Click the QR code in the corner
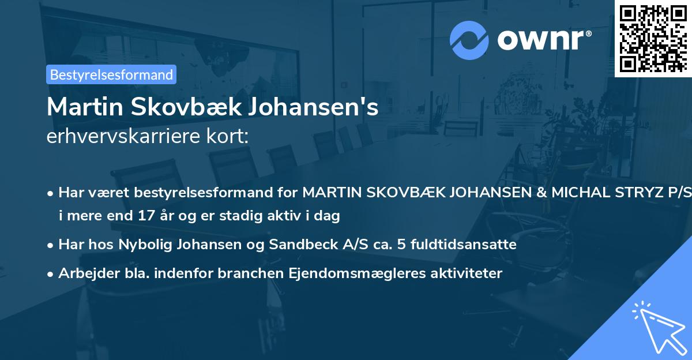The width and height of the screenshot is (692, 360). [x=653, y=38]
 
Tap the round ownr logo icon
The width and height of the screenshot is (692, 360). [x=469, y=39]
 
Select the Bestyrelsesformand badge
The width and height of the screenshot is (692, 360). [x=111, y=74]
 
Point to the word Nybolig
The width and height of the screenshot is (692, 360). [x=140, y=245]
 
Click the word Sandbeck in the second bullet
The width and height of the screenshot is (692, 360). [x=295, y=245]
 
